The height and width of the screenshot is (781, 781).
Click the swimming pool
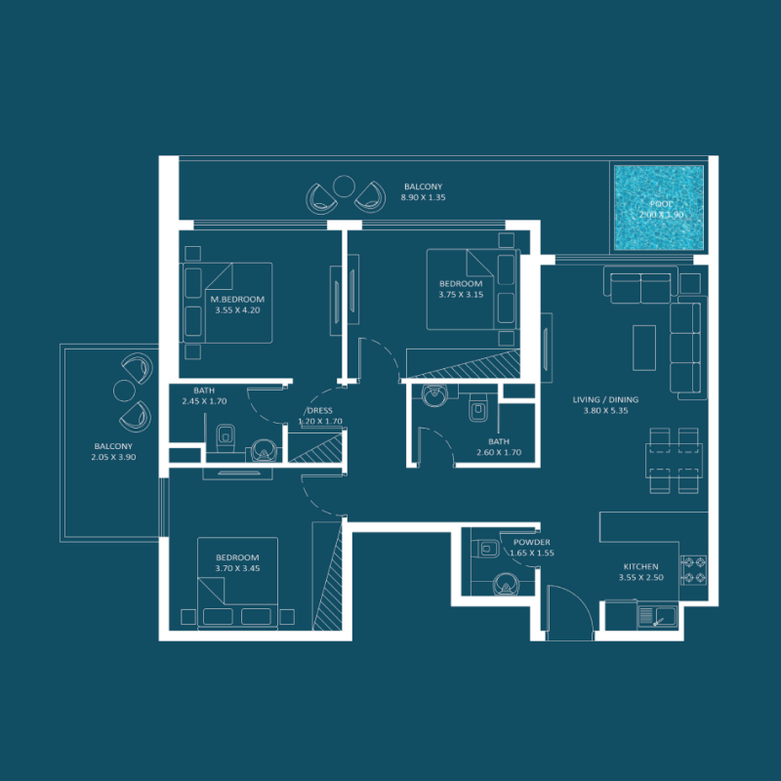tap(657, 207)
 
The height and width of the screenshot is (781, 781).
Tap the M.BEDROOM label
tap(237, 299)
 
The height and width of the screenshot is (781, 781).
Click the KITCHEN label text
tap(640, 566)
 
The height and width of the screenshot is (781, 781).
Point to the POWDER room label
tap(532, 542)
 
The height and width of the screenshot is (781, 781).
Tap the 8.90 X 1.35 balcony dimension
tap(423, 198)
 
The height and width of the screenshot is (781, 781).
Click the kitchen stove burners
tap(693, 570)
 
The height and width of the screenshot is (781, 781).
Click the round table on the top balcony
tap(344, 185)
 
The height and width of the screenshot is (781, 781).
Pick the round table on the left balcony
tap(124, 390)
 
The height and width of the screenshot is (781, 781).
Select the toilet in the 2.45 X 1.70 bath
tap(225, 435)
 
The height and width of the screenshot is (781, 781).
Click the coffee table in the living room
tap(644, 348)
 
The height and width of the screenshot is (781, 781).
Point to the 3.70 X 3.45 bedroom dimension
tap(237, 568)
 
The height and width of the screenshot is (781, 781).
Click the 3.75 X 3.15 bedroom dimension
tap(461, 295)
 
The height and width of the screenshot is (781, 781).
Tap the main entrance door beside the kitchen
tap(568, 610)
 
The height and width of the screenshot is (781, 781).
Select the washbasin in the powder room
tap(504, 584)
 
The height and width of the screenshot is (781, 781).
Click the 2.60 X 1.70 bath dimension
tap(499, 452)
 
